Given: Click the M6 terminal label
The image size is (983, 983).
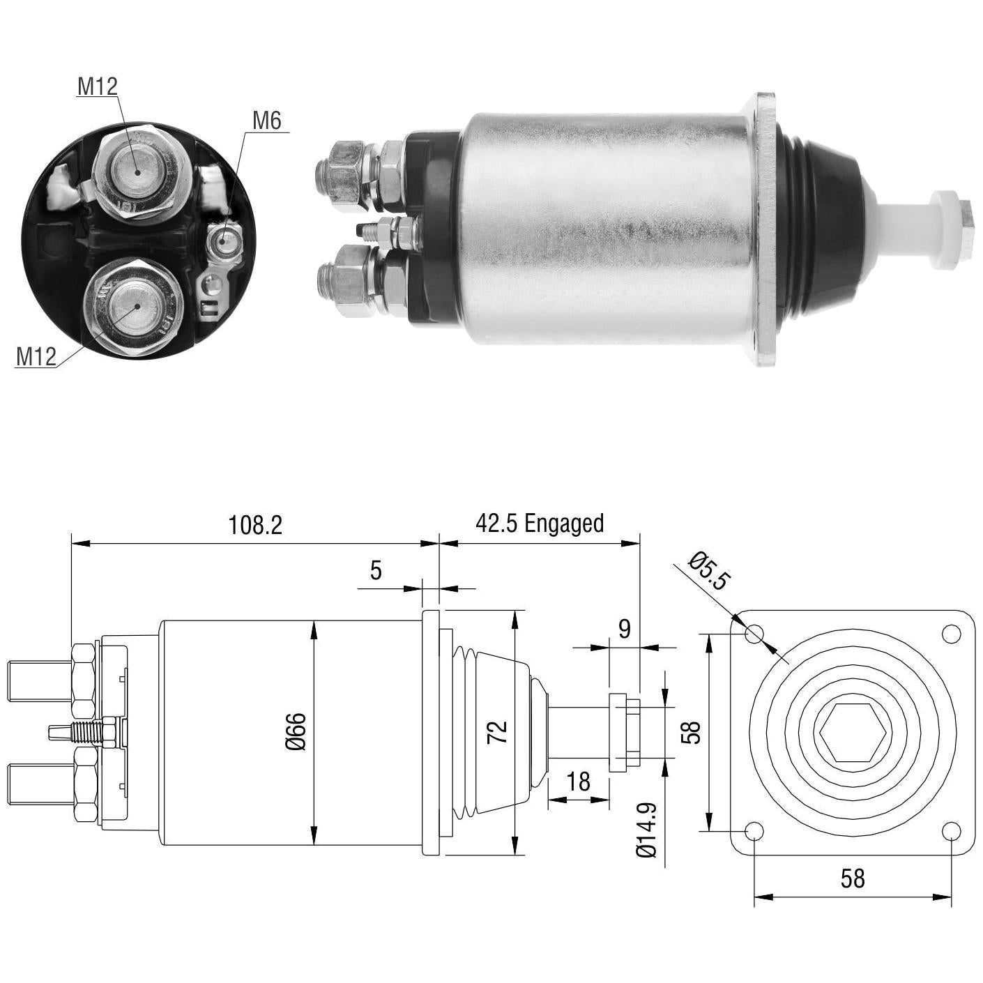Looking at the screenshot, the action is [x=267, y=121].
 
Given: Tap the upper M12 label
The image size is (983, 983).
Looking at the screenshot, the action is [x=98, y=86].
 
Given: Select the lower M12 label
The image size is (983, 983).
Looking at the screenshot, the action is [x=36, y=356].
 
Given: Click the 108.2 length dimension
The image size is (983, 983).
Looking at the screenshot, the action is [x=255, y=525].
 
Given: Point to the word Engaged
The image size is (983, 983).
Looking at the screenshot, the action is [x=564, y=524].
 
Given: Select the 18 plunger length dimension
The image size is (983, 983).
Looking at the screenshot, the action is [x=579, y=781].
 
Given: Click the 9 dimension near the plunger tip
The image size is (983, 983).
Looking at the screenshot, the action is [x=624, y=628].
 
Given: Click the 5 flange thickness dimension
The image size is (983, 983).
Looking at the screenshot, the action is [x=376, y=570].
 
